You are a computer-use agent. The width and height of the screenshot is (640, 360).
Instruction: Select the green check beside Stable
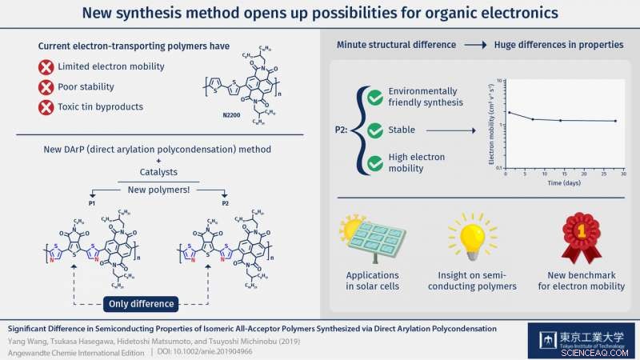(374, 130)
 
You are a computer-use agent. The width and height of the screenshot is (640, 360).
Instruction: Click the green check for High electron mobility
(374, 164)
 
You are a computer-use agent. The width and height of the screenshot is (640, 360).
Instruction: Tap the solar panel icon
(376, 238)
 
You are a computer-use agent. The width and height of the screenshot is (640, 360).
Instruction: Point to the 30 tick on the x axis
(623, 174)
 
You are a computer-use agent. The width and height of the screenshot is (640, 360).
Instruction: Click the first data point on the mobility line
(509, 112)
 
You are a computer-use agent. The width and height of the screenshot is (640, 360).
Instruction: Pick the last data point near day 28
(615, 121)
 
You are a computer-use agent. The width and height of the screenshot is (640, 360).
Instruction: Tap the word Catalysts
(157, 171)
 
